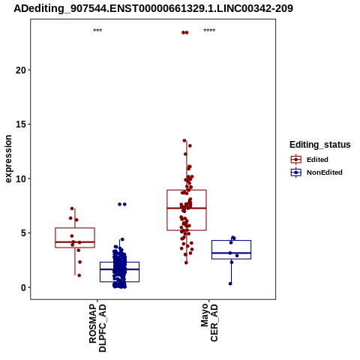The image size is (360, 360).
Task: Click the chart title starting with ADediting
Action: (153, 8)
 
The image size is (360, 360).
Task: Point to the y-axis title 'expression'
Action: (8, 159)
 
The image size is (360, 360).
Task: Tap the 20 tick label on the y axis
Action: (21, 70)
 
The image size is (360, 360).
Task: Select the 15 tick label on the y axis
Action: (21, 124)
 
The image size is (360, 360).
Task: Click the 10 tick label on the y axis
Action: (21, 178)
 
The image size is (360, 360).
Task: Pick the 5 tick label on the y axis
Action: (23, 233)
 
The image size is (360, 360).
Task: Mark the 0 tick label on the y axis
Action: (23, 287)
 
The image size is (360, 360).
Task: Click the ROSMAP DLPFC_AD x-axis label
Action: (97, 328)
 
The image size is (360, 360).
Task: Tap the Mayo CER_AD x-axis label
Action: (209, 322)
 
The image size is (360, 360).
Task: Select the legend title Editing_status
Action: (320, 145)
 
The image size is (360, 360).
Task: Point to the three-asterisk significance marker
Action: (97, 31)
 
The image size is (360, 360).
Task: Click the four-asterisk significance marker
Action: (209, 31)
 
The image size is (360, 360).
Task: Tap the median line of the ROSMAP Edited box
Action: (75, 242)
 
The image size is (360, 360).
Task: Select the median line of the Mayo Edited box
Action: (187, 208)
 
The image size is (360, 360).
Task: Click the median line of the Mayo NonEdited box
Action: (231, 253)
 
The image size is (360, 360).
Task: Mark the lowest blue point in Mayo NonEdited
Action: (230, 283)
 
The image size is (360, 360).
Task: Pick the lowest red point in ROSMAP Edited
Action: (79, 275)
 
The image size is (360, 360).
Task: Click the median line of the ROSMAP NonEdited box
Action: (119, 269)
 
